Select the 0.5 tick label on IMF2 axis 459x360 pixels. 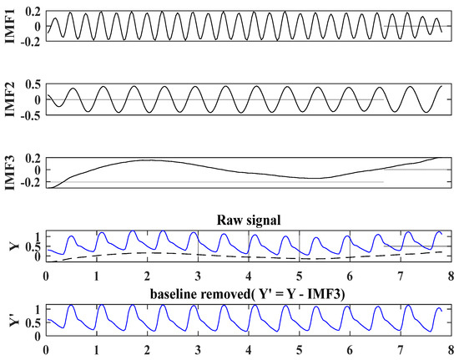click(x=33, y=84)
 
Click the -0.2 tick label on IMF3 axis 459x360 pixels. click(x=32, y=182)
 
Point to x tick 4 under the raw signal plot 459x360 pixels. click(x=249, y=275)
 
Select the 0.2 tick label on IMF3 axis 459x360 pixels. click(x=33, y=157)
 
